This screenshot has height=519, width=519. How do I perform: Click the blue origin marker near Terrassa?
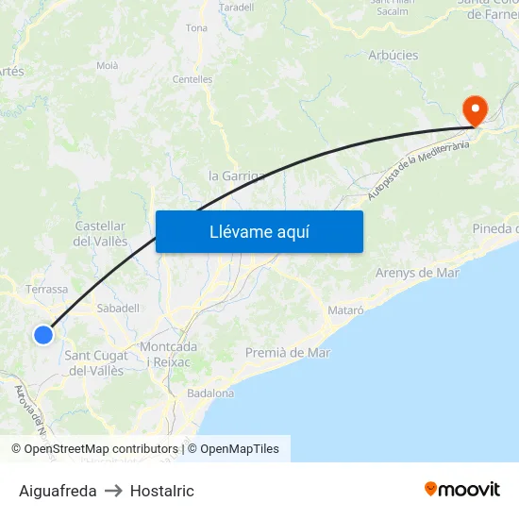point(43,334)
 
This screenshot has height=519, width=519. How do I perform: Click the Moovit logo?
point(461,490)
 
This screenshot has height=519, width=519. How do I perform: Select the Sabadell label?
point(118,308)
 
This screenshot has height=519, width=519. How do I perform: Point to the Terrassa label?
point(46,290)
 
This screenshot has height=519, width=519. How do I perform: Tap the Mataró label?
point(344,310)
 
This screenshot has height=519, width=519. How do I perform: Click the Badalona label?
point(210,393)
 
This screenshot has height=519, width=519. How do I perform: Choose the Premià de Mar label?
point(288,353)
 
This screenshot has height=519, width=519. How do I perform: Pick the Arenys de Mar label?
point(417,273)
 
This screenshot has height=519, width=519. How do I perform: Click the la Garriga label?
point(236,176)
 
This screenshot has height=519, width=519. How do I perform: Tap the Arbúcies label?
point(393,55)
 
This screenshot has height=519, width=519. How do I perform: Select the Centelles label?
point(193,79)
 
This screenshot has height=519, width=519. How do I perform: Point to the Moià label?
point(108,65)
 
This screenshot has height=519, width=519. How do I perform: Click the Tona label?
point(196,28)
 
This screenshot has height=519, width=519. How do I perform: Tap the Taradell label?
point(236,7)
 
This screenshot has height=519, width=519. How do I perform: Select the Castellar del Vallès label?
point(100,234)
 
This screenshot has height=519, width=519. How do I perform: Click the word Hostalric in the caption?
point(162,491)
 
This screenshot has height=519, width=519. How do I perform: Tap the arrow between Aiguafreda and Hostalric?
point(113,491)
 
